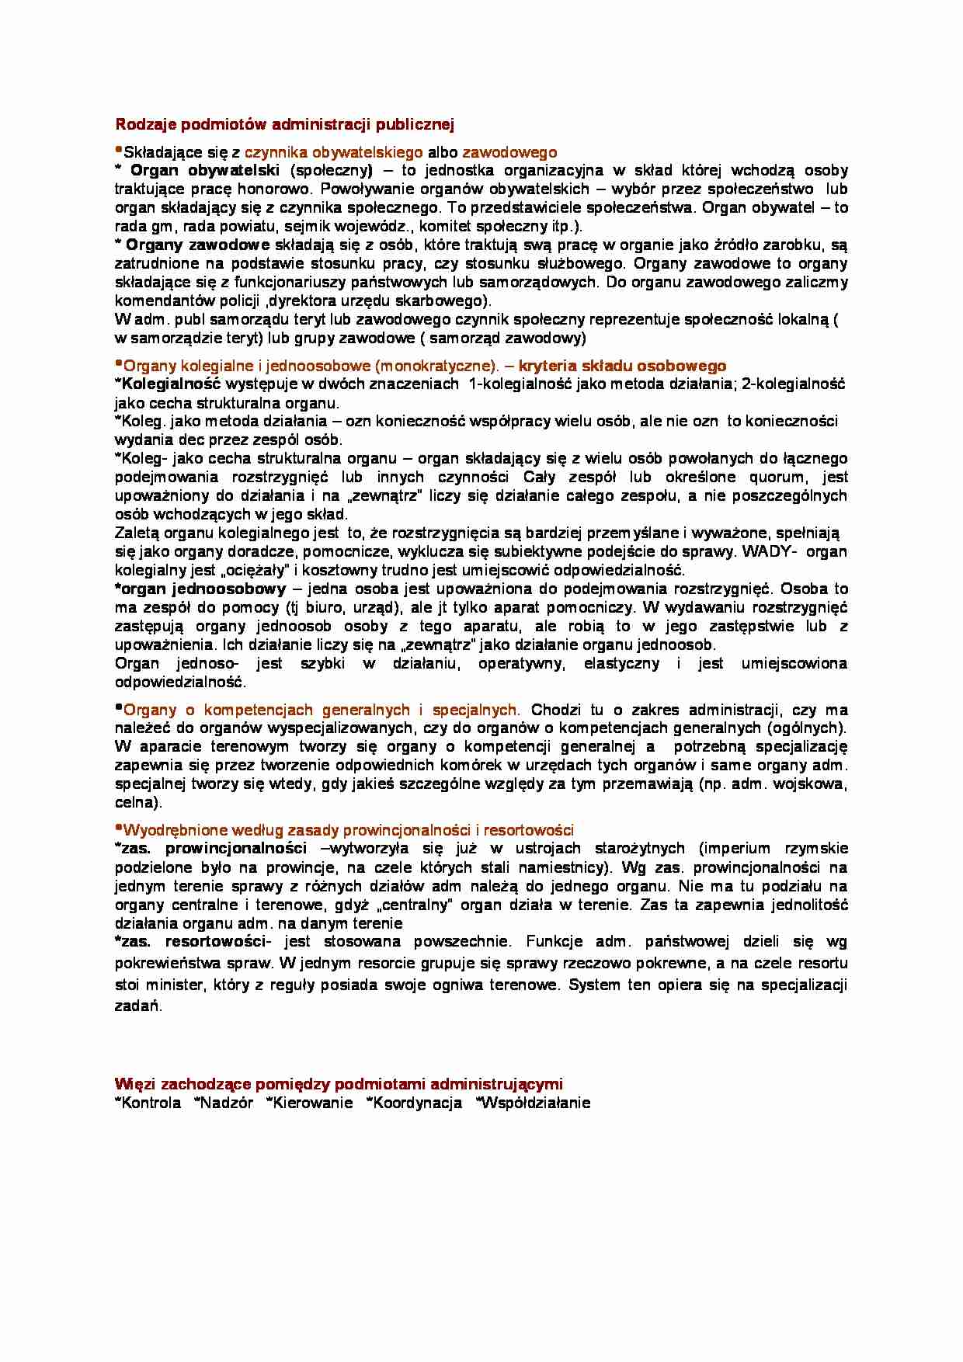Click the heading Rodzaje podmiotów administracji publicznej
[x=284, y=124]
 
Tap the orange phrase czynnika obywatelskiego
[x=334, y=152]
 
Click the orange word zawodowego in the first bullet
[x=509, y=152]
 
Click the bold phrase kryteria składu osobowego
[x=622, y=366]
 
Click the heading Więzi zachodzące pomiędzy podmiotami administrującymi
[x=339, y=1084]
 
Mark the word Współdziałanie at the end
[x=536, y=1103]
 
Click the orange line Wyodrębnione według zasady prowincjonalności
[x=348, y=830]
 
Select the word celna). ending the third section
[x=138, y=802]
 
